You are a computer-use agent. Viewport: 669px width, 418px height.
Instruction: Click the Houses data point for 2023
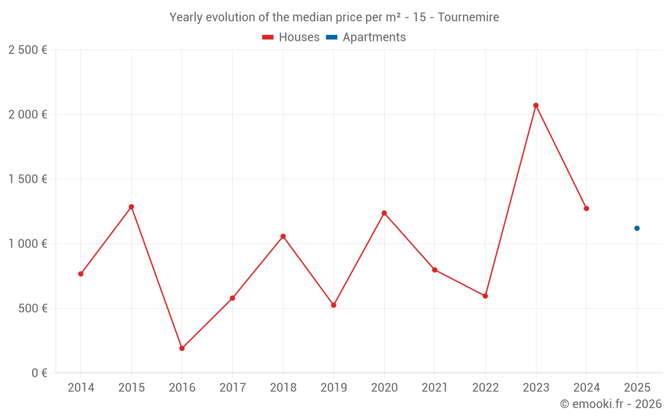536,105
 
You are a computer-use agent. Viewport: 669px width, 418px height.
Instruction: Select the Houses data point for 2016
182,348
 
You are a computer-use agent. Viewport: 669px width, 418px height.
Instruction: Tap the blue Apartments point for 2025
637,228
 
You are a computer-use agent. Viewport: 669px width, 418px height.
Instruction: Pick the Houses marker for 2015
131,207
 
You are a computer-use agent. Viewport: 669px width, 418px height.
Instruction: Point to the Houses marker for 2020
384,213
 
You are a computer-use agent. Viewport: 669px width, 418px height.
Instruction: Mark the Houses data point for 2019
334,305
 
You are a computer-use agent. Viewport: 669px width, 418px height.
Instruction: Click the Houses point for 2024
586,208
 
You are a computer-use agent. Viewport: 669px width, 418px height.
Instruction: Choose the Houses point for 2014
81,274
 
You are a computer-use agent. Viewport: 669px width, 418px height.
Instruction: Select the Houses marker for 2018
283,236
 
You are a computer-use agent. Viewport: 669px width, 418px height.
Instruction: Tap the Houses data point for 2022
485,296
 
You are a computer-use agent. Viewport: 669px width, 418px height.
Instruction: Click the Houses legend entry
291,37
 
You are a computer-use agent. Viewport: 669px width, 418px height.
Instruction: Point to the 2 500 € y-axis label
27,50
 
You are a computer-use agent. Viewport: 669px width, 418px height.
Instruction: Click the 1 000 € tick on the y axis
27,244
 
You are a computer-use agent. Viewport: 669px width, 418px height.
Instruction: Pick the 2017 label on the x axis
232,388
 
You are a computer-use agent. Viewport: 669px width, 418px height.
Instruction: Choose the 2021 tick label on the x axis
435,388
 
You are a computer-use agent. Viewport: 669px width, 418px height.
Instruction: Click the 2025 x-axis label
637,388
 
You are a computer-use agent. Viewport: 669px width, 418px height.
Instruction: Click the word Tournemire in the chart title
468,17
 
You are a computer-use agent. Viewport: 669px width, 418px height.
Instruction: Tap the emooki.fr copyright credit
610,404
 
